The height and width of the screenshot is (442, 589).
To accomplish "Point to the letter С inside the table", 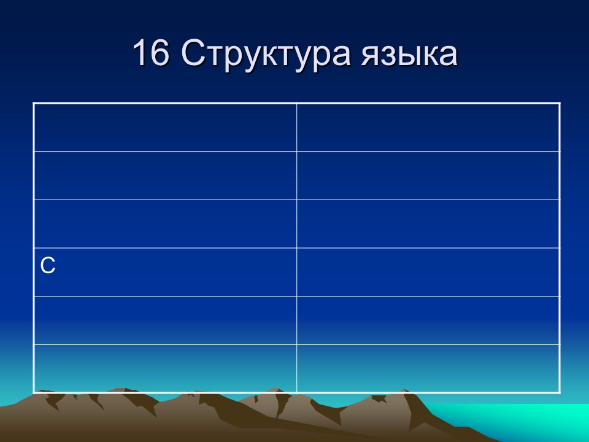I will pos(48,265).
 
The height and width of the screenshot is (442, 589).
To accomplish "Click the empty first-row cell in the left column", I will pos(165,127).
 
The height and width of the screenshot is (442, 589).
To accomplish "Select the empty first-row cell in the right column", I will pos(428,127).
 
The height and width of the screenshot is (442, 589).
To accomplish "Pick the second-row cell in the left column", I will pos(165,176).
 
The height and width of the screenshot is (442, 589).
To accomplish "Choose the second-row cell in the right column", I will pos(428,176).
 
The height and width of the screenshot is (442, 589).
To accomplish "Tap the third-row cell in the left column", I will pos(165,224).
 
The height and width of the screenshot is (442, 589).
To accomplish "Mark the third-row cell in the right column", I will pos(428,224).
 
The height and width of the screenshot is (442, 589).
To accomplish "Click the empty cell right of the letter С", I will pos(428,272).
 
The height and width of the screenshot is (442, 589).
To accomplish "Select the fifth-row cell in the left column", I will pos(165,320).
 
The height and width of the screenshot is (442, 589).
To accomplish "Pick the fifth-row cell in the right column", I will pos(428,320).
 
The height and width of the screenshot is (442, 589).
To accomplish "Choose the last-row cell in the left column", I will pos(165,368).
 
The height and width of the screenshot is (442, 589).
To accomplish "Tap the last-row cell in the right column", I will pos(428,368).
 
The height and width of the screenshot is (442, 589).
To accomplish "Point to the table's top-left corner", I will pos(34,103).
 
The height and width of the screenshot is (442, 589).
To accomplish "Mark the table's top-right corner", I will pos(560,103).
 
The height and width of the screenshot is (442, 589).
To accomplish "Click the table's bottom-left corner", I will pos(34,392).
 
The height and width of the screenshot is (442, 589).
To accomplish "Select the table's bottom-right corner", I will pos(560,392).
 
